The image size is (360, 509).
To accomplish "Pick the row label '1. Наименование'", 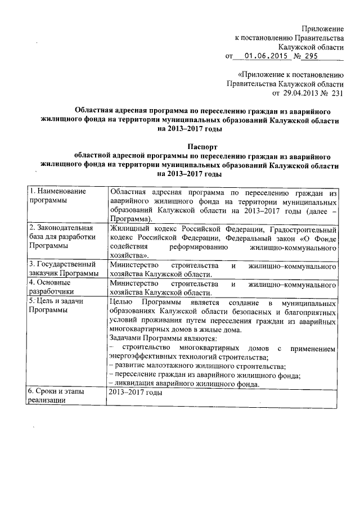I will pos(57,191).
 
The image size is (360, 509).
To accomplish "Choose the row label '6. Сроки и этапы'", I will pos(58,391).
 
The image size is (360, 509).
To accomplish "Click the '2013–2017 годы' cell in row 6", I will pos(136,392).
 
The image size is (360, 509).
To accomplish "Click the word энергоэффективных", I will pos(142,357).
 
